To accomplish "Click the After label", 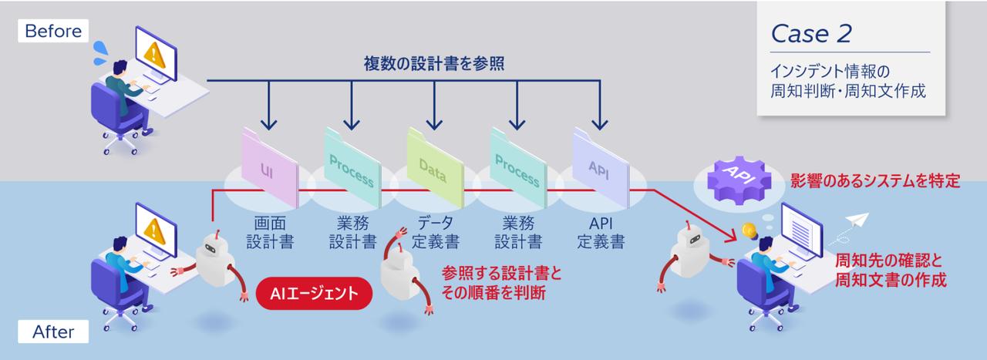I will click(x=53, y=332).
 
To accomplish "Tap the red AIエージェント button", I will click(x=315, y=293).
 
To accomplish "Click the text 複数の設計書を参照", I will click(x=434, y=64).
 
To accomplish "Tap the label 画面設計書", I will click(x=269, y=232).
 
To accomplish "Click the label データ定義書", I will click(x=435, y=232).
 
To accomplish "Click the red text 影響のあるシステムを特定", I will click(x=874, y=182).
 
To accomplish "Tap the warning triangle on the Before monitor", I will click(x=154, y=52).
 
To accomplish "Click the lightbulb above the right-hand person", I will click(x=746, y=229).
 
